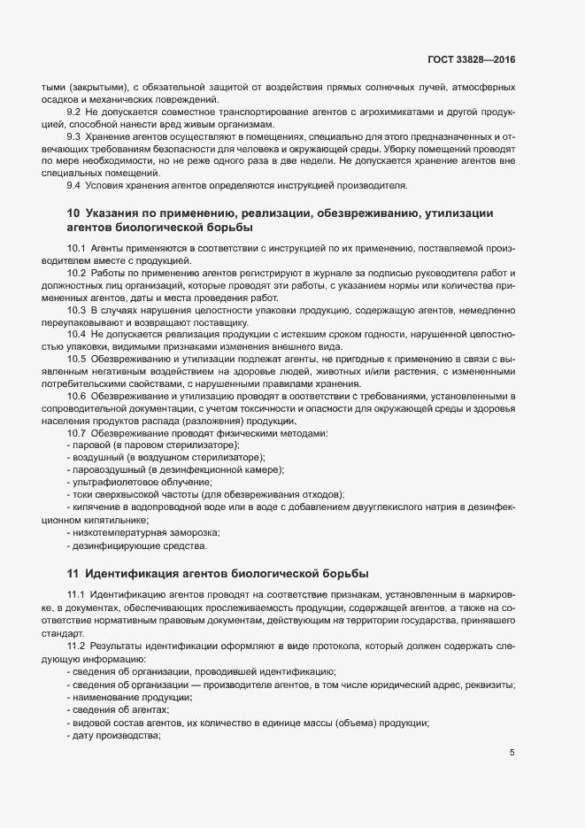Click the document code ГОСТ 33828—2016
pos(472,59)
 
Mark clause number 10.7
pos(77,432)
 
